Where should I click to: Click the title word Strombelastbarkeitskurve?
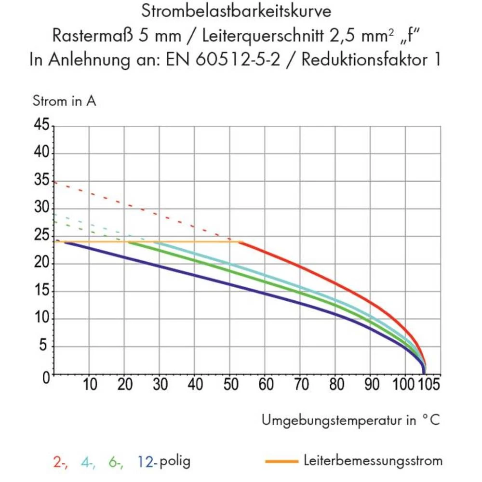pos(236,11)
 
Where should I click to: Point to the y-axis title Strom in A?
pos(64,101)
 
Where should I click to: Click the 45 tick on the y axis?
pos(42,126)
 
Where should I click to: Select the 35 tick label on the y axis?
pos(42,181)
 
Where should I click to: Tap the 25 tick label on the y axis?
pos(42,236)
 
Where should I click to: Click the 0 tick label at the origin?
pos(46,376)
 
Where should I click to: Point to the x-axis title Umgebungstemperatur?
pos(333,420)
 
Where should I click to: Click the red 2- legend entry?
pos(60,462)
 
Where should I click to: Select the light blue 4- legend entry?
pos(88,462)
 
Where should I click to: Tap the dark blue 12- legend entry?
pos(147,462)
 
